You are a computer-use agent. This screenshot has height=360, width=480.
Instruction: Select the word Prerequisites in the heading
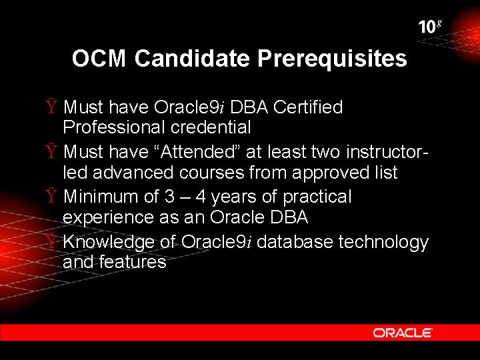coord(331,59)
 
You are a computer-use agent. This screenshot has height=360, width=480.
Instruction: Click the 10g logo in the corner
coord(430,27)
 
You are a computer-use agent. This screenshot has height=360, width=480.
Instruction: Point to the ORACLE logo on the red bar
coord(403,333)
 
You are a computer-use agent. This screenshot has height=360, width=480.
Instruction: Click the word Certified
coord(308,107)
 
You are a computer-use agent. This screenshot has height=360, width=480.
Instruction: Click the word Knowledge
coord(107,242)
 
